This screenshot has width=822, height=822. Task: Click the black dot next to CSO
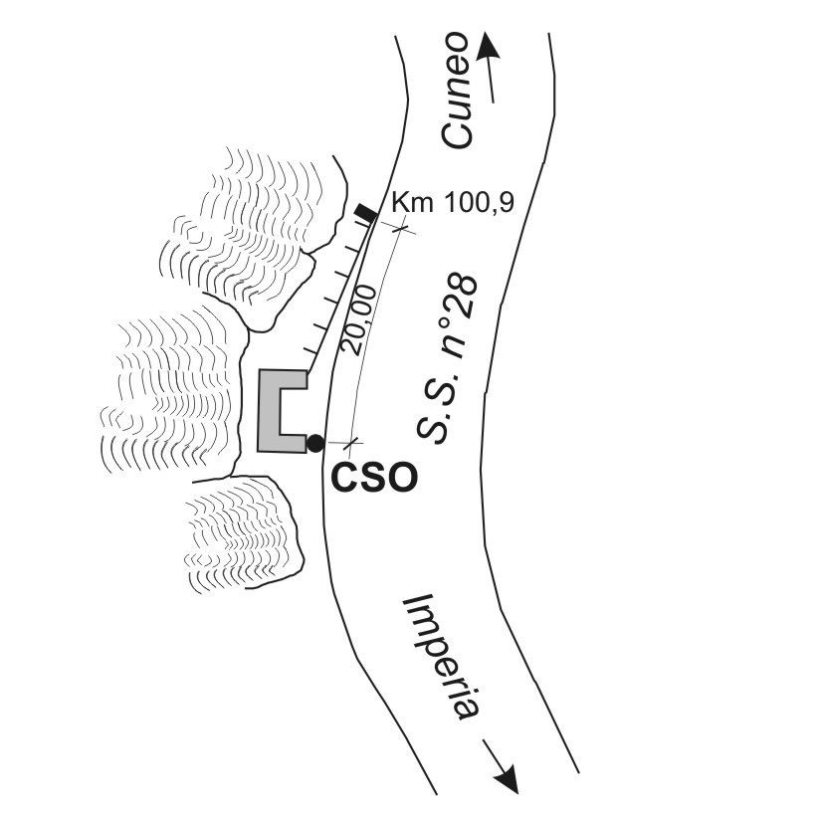point(315,443)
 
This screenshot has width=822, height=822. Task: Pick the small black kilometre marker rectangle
point(366,211)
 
